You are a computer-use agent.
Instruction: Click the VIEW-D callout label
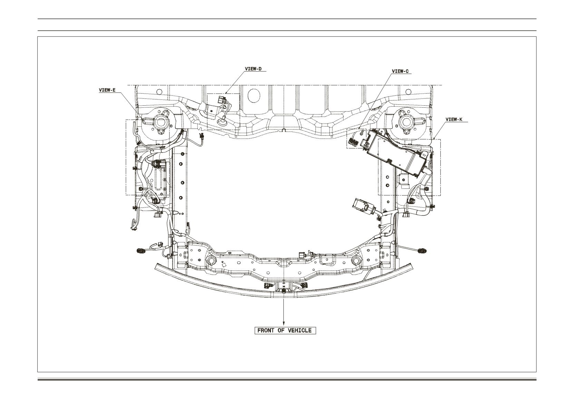[x=253, y=69]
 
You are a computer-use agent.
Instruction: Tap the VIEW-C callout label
[x=400, y=71]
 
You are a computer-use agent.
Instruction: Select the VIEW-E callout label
[x=107, y=90]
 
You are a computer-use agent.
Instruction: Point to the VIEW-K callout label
[x=454, y=119]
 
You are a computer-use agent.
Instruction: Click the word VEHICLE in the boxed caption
[x=300, y=330]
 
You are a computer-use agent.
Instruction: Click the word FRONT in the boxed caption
[x=266, y=330]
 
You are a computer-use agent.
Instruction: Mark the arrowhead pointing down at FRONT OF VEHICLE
[x=284, y=323]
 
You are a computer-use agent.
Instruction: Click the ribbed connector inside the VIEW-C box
[x=353, y=143]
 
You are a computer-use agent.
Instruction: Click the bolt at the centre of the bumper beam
[x=284, y=291]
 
